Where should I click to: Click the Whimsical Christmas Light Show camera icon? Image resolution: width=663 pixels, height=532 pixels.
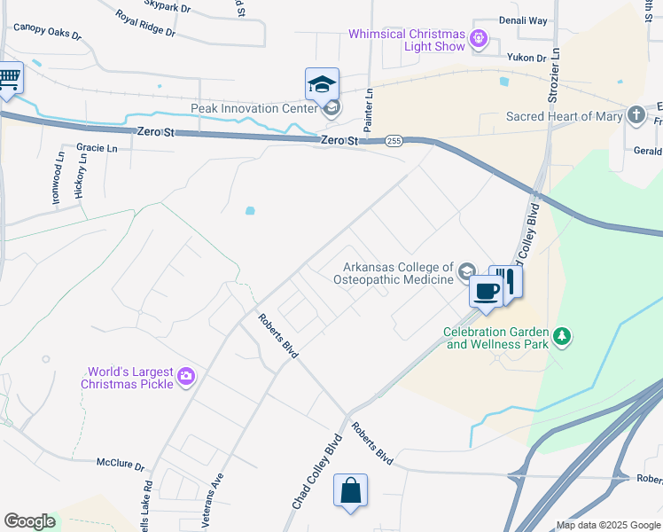[x=479, y=38]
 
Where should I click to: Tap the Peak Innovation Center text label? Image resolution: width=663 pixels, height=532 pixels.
[x=253, y=109]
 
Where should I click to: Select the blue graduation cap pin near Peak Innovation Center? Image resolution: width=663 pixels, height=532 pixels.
[x=322, y=84]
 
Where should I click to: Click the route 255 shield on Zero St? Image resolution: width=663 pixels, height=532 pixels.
[x=394, y=141]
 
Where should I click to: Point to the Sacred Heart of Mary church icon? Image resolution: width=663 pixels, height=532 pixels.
[x=636, y=115]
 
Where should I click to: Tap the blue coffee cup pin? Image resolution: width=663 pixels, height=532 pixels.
[x=485, y=291]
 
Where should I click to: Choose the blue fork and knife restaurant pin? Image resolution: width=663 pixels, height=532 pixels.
[x=506, y=281]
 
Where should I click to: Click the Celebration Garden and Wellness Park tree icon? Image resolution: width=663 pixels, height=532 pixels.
[x=560, y=336]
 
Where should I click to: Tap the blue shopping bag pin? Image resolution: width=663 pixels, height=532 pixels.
[x=350, y=490]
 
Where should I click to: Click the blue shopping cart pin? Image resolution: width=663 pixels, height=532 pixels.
[x=9, y=80]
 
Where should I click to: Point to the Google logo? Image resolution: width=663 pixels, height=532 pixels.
[x=29, y=521]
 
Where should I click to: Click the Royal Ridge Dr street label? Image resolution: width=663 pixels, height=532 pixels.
[x=145, y=23]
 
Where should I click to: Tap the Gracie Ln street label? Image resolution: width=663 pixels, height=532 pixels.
[x=97, y=148]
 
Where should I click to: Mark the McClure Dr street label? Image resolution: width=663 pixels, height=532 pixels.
[x=120, y=463]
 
